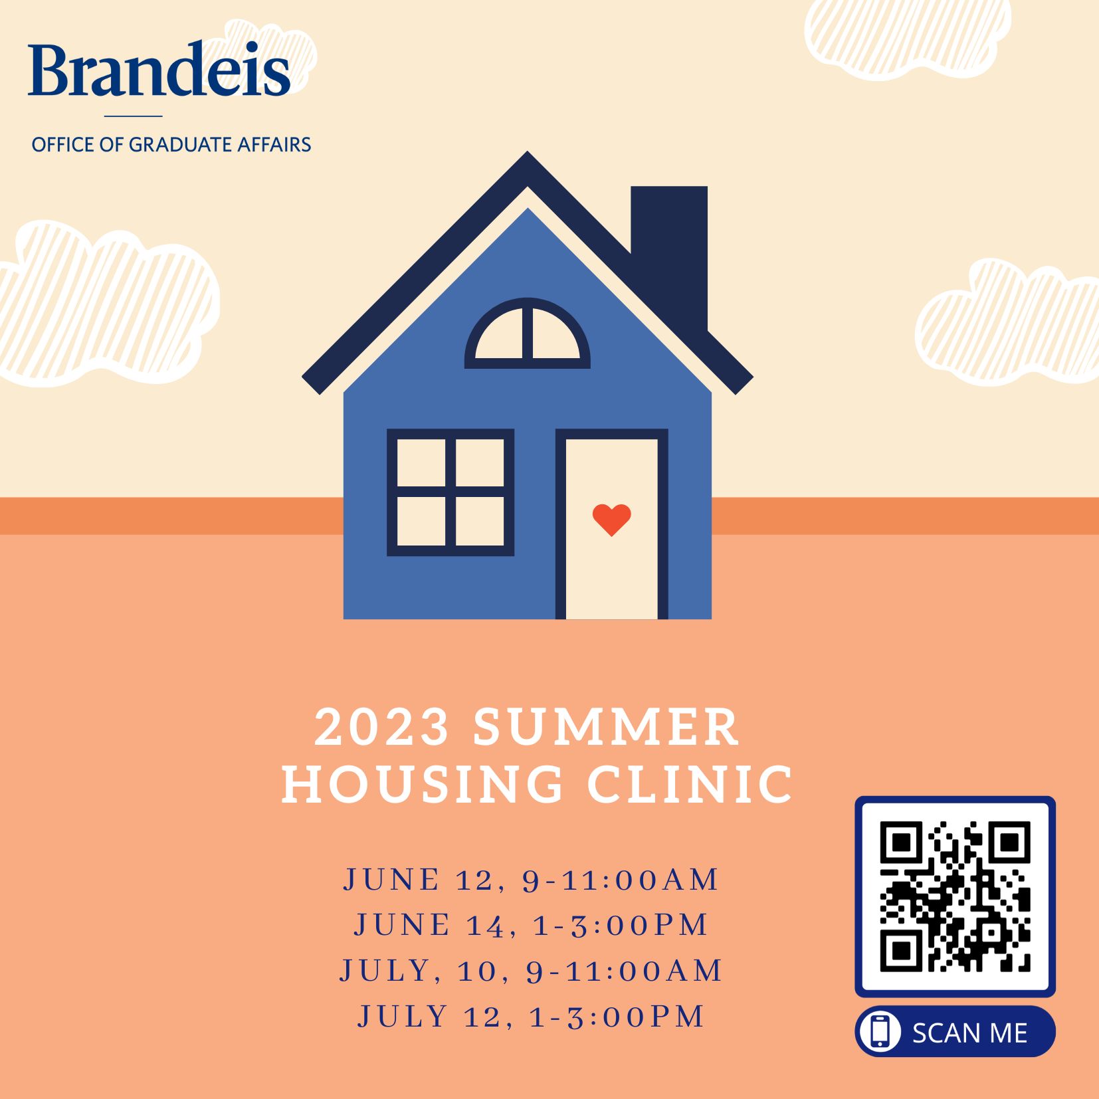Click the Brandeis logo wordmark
[159, 69]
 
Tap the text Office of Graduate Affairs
[171, 144]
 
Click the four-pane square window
[450, 492]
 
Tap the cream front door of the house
[611, 529]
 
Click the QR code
[955, 896]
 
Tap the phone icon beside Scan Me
[880, 1031]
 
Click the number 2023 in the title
[382, 727]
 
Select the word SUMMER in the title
[606, 727]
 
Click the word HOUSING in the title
[423, 784]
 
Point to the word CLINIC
[690, 784]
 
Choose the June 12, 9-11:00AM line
[532, 880]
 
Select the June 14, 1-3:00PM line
[532, 925]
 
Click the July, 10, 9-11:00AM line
[532, 971]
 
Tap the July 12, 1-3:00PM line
[532, 1017]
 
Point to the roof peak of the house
[528, 153]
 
